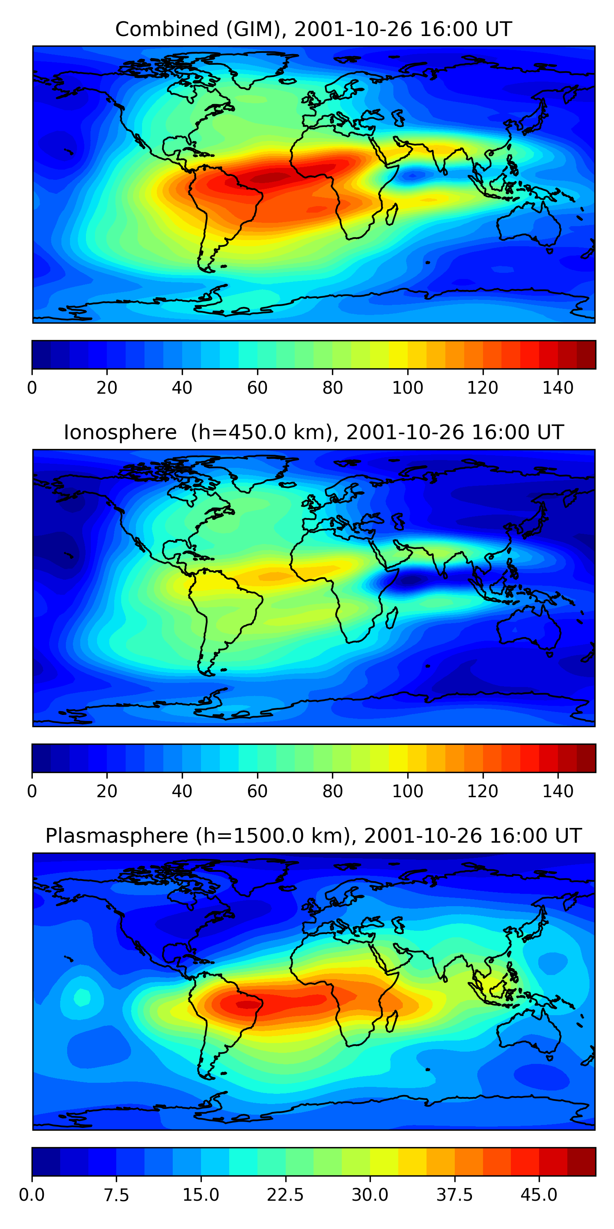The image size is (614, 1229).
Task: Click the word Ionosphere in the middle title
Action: click(120, 433)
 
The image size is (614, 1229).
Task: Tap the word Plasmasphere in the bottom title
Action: click(116, 836)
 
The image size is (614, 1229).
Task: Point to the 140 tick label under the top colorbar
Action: click(558, 388)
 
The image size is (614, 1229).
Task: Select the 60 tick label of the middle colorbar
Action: click(257, 791)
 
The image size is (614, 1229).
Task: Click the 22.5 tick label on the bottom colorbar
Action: click(285, 1195)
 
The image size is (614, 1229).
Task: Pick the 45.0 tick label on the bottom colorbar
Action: click(539, 1195)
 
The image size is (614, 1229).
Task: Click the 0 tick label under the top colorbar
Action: click(32, 388)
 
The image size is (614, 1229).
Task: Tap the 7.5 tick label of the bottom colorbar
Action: click(116, 1195)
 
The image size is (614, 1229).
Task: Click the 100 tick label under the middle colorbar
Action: click(408, 791)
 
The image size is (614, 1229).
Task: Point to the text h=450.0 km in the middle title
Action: click(261, 433)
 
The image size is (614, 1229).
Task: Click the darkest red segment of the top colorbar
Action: click(586, 354)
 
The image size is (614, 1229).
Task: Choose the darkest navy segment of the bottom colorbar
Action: click(46, 1161)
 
